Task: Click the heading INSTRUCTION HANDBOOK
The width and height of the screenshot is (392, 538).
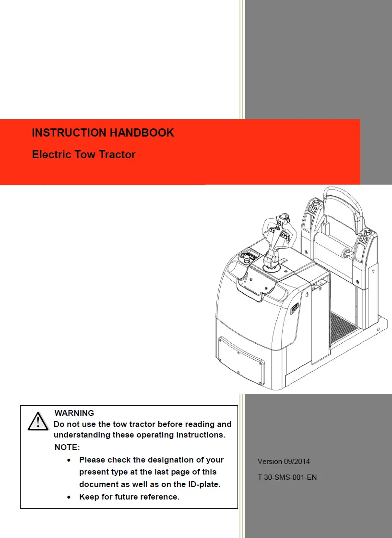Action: click(x=103, y=133)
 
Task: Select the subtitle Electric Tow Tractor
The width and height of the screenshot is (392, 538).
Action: click(x=83, y=155)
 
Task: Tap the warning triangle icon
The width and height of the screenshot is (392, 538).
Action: click(x=37, y=422)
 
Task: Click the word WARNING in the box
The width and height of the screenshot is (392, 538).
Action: click(x=74, y=413)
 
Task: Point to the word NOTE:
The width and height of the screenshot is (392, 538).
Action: click(x=67, y=448)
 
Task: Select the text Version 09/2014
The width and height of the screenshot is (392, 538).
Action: click(x=284, y=462)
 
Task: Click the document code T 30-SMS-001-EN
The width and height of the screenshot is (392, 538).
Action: click(x=287, y=477)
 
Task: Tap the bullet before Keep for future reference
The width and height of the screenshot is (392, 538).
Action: click(x=70, y=497)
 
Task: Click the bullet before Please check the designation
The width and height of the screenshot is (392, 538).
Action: click(x=70, y=460)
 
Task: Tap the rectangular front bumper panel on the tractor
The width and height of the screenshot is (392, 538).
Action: click(x=241, y=358)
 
